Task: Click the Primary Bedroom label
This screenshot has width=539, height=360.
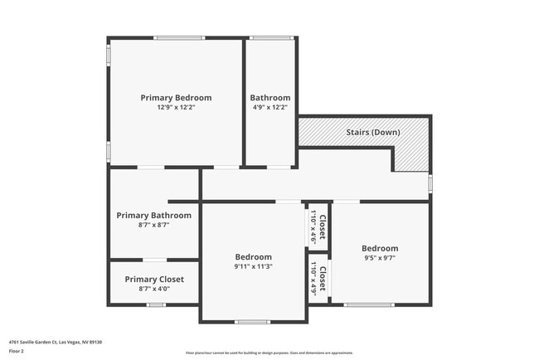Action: click(176, 97)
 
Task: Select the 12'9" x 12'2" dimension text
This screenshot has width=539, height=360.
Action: click(176, 107)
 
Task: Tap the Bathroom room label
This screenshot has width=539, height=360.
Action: click(270, 97)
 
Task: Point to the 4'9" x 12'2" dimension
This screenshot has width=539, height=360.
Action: click(270, 107)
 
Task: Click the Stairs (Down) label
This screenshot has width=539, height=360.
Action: click(372, 132)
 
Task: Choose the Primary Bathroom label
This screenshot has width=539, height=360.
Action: click(153, 215)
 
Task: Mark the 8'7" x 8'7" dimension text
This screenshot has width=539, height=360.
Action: click(153, 225)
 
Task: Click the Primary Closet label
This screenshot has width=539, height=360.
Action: click(154, 279)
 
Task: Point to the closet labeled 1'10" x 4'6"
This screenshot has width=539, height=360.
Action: click(318, 224)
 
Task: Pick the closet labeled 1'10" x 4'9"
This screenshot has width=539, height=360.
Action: click(318, 278)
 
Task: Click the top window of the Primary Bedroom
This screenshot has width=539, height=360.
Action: click(179, 37)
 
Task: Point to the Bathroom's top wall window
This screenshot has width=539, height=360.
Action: click(271, 37)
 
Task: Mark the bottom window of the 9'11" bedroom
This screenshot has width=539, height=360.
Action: click(252, 322)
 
